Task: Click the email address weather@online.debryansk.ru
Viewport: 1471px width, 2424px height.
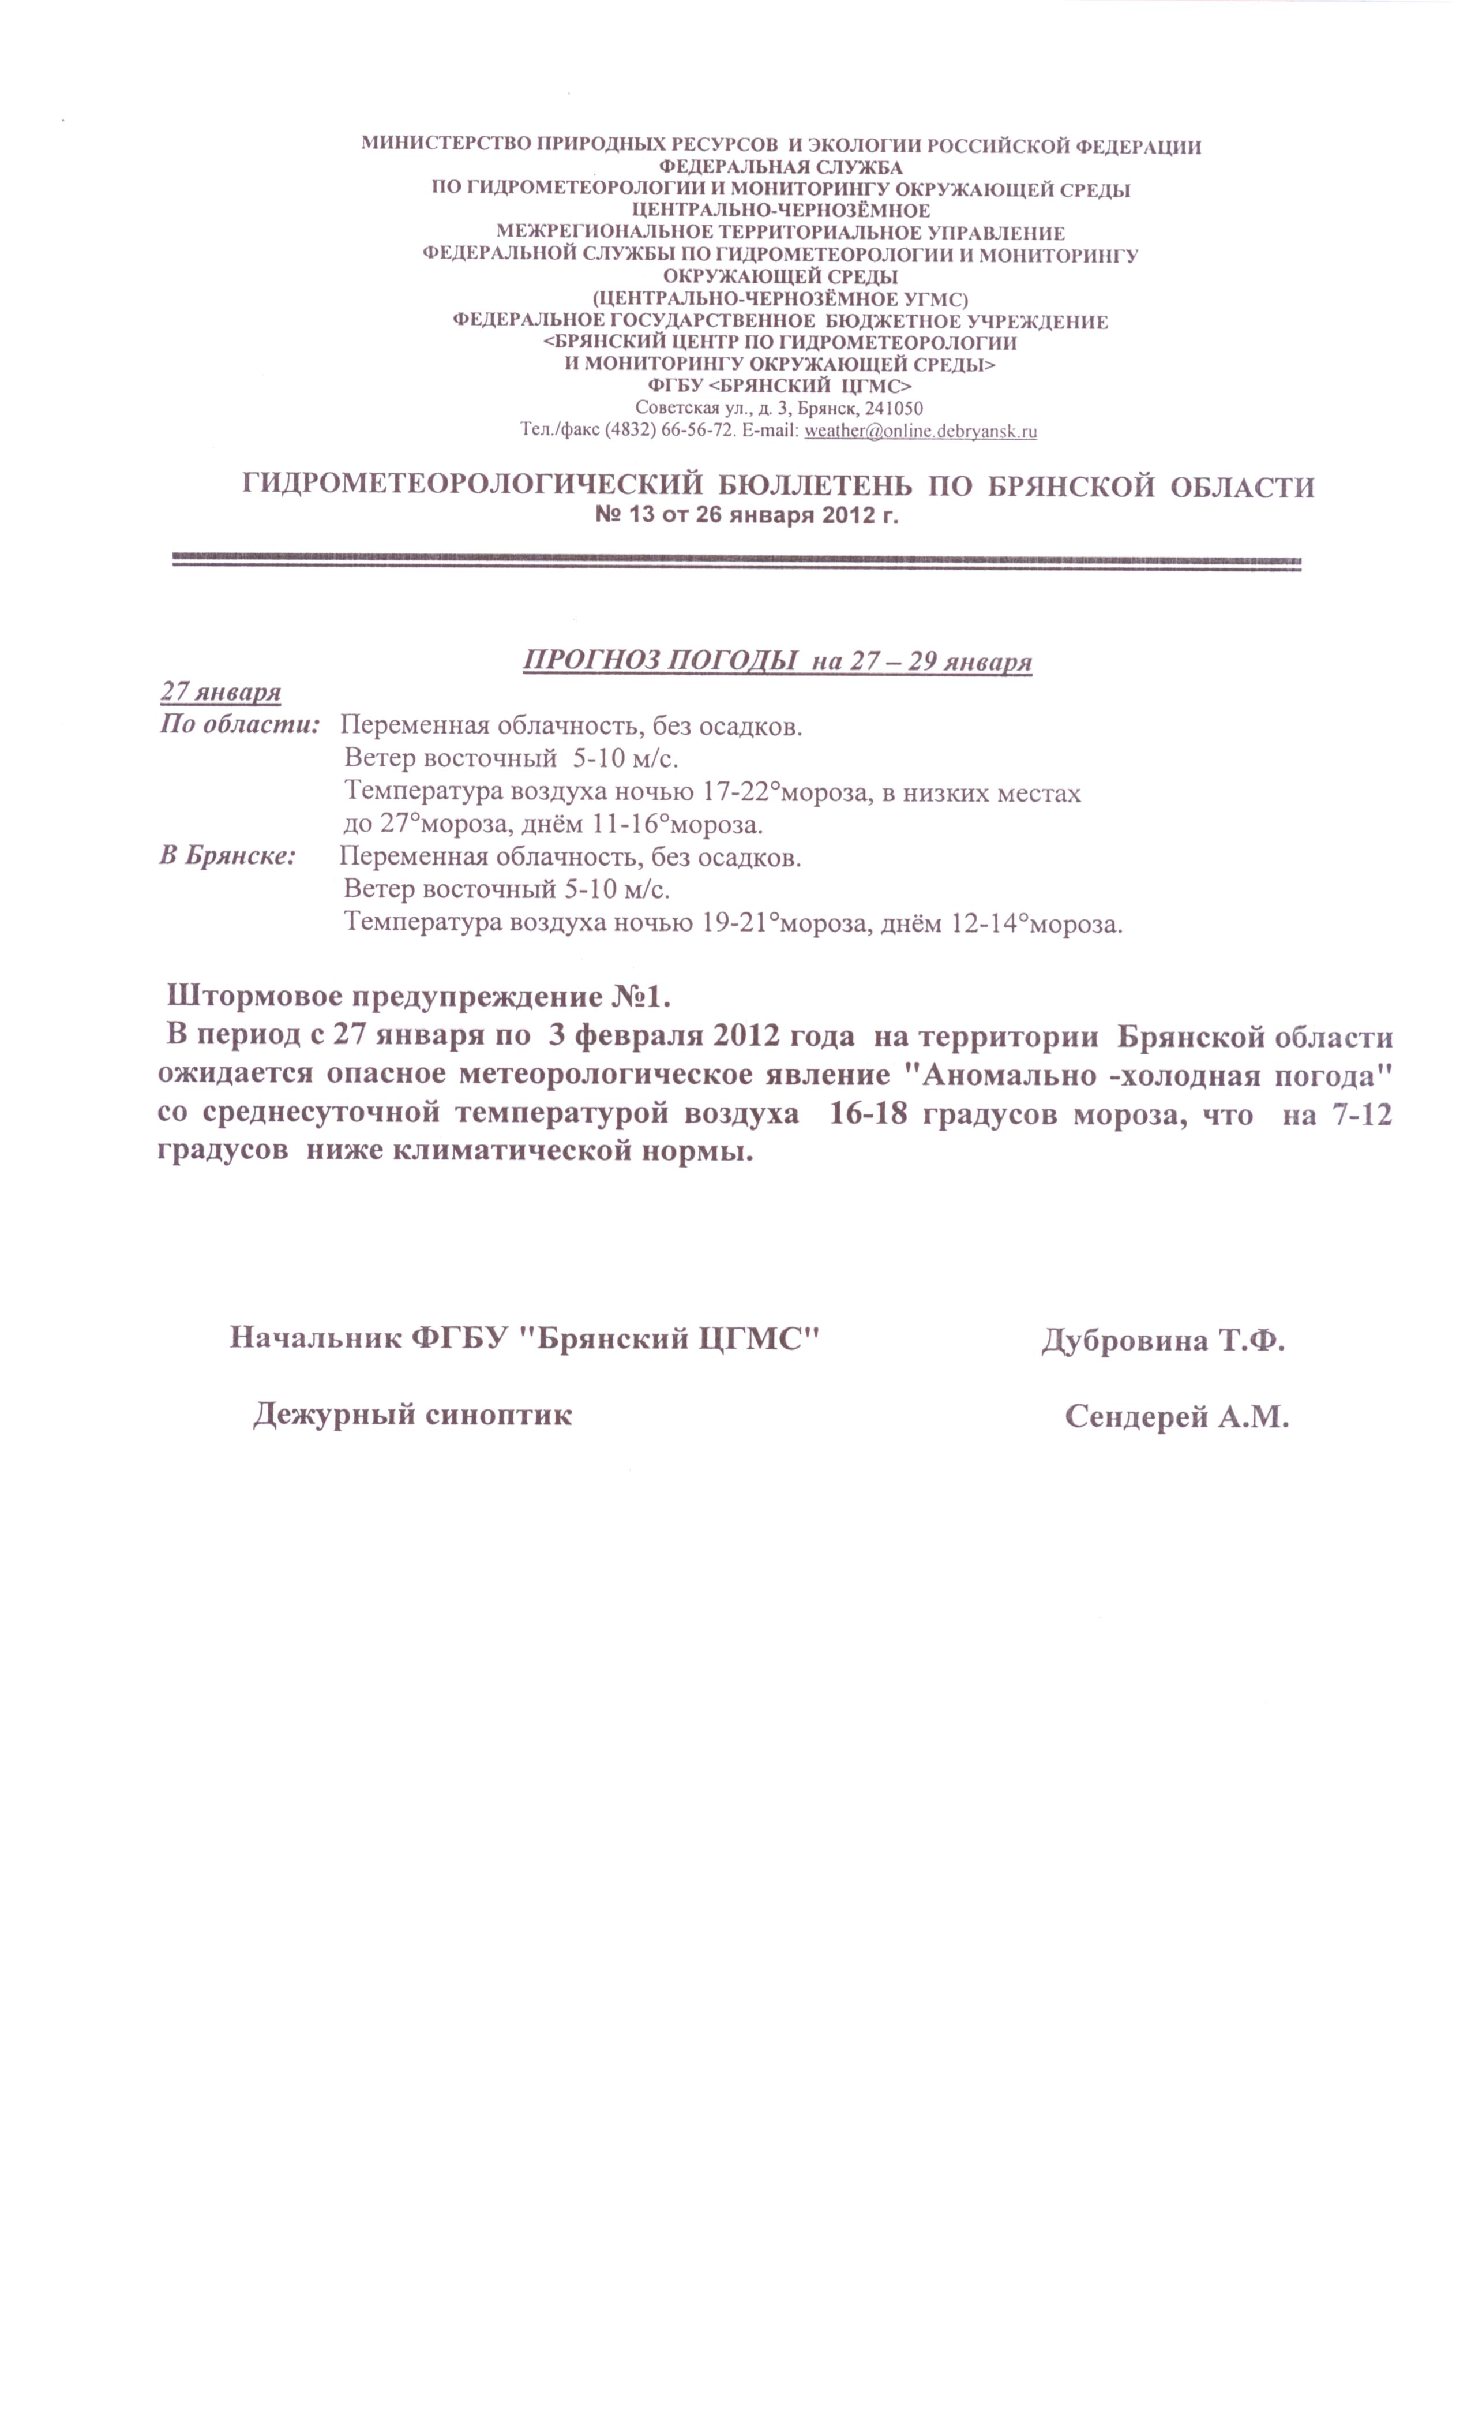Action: (920, 431)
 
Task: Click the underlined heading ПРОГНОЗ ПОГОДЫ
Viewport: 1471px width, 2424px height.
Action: (659, 660)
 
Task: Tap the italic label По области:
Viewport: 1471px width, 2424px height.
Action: (240, 725)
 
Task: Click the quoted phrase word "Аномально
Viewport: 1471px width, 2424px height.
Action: (994, 1075)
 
